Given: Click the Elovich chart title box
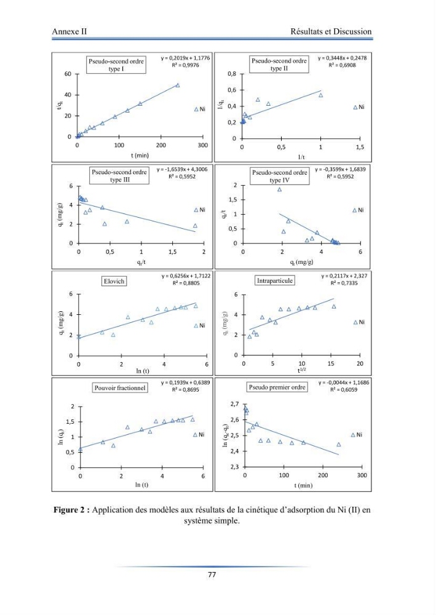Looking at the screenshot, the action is tap(114, 281).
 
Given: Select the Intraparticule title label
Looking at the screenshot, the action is tap(275, 280).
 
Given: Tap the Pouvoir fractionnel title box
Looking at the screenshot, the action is tap(120, 388).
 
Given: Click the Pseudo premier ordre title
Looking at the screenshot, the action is tap(277, 387).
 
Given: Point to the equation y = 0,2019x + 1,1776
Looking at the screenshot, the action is tap(186, 58).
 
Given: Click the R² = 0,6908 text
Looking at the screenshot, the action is tap(343, 65).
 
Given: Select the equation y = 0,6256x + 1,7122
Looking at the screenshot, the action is tap(186, 276).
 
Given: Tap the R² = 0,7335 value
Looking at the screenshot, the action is tap(344, 283).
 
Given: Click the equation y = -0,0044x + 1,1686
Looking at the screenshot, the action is tap(344, 383).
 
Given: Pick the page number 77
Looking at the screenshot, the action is tap(212, 574).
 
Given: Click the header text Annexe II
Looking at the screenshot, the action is tap(69, 31).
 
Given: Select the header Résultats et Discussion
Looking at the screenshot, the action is tap(331, 31).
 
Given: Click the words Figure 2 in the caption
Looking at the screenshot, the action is tap(71, 510).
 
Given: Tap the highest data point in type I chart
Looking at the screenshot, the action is tap(178, 85).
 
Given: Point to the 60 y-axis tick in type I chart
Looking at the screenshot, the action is tap(68, 74).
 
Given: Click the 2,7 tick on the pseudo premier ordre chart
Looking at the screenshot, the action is tap(234, 404).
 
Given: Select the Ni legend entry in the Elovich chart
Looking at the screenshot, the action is tap(200, 325).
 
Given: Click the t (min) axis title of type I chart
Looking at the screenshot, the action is tap(140, 156).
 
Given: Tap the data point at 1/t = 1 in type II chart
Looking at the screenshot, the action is tap(321, 95).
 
